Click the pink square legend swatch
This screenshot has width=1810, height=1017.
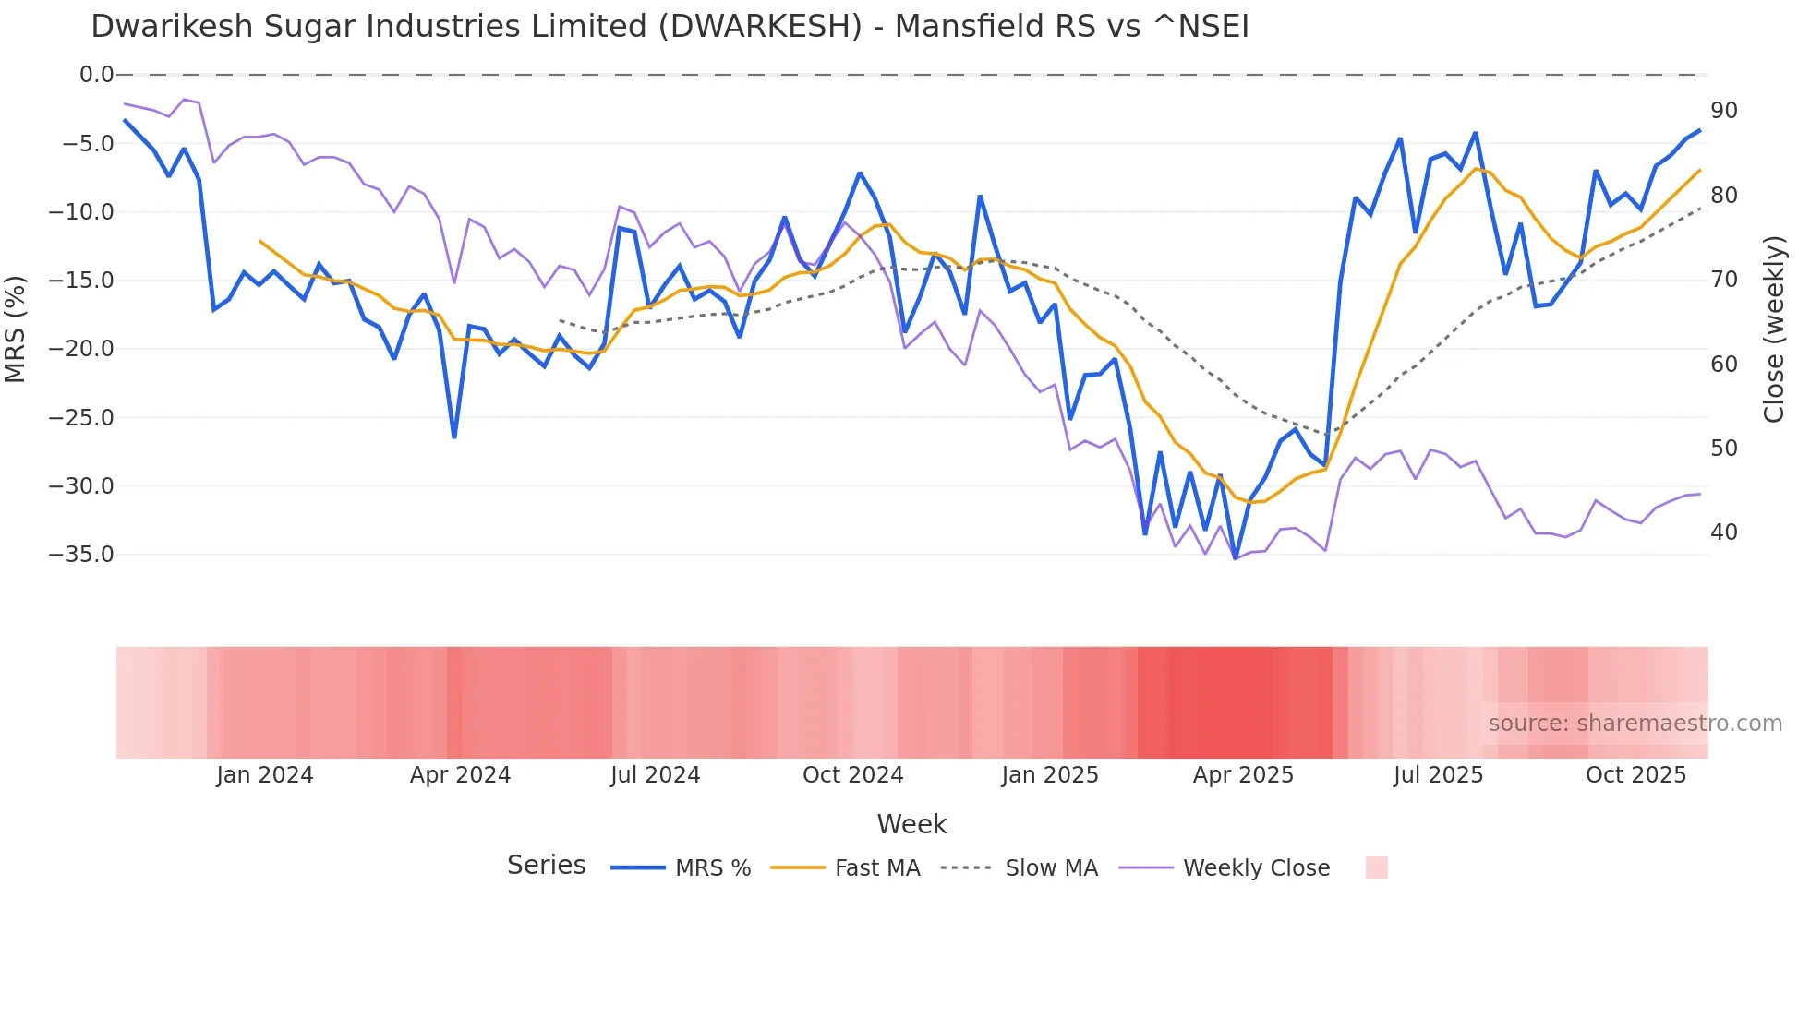[x=1376, y=867]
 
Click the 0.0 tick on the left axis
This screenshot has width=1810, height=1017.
[x=96, y=75]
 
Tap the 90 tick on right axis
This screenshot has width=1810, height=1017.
[x=1723, y=111]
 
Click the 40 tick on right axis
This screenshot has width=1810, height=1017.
[x=1723, y=532]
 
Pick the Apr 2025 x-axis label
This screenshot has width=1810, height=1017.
[x=1243, y=775]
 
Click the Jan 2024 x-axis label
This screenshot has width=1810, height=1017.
[x=265, y=775]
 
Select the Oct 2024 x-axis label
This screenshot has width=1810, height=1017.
[x=852, y=775]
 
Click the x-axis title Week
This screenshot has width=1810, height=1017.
[x=911, y=824]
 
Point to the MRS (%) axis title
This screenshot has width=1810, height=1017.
[x=16, y=329]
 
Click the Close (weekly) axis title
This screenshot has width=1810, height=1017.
[x=1773, y=329]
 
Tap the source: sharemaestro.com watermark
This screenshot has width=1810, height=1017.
[x=1635, y=724]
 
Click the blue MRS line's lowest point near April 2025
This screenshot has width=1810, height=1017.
[x=1236, y=558]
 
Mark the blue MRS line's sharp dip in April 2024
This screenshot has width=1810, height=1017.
[x=454, y=437]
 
